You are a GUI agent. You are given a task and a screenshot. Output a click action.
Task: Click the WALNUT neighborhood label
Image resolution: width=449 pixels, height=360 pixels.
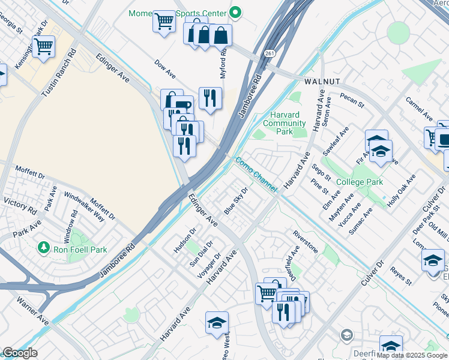click(x=322, y=80)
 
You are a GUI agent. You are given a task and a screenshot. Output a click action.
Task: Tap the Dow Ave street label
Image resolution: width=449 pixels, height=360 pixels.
click(x=164, y=69)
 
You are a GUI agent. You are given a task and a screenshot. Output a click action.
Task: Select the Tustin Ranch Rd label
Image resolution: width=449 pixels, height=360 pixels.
click(x=58, y=73)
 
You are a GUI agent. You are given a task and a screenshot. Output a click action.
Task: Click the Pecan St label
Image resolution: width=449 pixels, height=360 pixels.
click(x=352, y=100)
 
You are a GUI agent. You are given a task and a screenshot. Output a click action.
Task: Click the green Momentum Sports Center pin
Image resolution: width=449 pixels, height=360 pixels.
click(x=236, y=12)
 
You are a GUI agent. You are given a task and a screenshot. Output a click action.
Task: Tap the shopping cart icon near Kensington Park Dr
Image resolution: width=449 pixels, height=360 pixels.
click(x=43, y=47)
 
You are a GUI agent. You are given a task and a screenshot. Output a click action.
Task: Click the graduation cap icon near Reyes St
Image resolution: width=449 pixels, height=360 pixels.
click(x=433, y=261)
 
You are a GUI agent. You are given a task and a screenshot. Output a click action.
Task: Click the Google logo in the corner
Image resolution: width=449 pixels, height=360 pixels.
click(x=19, y=353)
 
